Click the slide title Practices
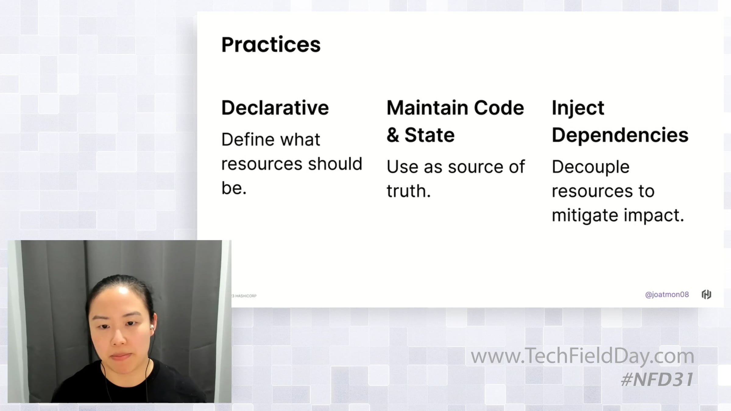point(271,45)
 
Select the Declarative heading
point(275,108)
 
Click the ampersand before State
point(393,135)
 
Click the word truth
point(408,191)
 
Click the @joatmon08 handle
point(667,295)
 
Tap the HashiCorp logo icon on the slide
point(706,294)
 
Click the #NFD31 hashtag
point(657,380)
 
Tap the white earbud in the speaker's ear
point(151,327)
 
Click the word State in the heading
point(429,135)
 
